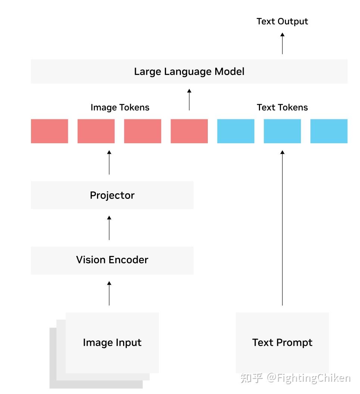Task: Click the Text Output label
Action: click(x=282, y=21)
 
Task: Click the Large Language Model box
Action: click(x=189, y=71)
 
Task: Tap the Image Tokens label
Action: click(x=120, y=107)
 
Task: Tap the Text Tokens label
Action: click(x=282, y=107)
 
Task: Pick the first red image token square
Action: click(x=49, y=131)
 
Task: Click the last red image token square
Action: click(x=189, y=131)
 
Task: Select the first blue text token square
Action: click(x=236, y=131)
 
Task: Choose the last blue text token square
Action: click(x=329, y=131)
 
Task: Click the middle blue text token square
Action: click(x=282, y=131)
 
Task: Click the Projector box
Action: click(x=112, y=195)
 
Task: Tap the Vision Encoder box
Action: click(x=112, y=260)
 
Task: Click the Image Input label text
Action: click(x=112, y=343)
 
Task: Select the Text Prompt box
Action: click(x=282, y=343)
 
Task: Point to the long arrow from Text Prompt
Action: click(x=282, y=228)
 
